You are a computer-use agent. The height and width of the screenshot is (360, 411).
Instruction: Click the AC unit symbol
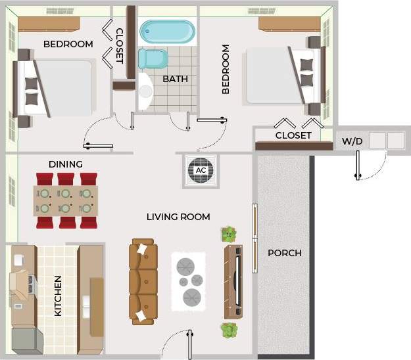point(201,171)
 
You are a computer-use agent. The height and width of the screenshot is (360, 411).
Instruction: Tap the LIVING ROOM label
point(178,217)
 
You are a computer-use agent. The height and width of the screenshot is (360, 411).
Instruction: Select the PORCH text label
point(285,253)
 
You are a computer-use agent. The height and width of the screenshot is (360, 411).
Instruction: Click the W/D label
point(349,141)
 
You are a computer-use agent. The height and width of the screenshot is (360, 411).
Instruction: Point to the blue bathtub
point(168,32)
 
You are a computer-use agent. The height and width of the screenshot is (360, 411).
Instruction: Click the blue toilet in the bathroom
point(154,60)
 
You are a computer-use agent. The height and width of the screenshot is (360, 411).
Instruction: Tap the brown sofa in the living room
point(143,281)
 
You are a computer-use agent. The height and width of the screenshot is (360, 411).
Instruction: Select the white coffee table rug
point(189,281)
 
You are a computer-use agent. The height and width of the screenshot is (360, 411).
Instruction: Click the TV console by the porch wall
point(233,281)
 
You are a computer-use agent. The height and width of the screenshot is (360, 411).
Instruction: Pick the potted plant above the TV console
point(229,234)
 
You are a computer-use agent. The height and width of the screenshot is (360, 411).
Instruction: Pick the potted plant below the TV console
point(229,330)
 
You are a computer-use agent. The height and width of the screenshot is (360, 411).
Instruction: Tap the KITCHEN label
point(58,296)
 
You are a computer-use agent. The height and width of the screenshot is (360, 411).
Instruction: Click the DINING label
point(66,164)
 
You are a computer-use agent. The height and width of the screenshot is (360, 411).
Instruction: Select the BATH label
point(175,79)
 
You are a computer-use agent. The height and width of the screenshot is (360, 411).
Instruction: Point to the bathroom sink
point(145,92)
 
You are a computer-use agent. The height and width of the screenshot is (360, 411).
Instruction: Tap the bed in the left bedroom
point(56,89)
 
